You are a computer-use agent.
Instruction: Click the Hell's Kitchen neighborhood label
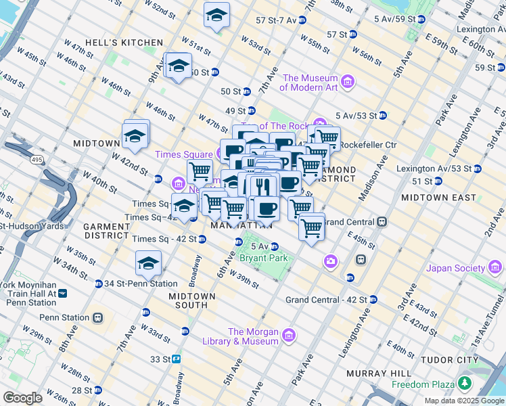click(x=124, y=43)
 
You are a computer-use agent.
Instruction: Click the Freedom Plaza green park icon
click(x=464, y=384)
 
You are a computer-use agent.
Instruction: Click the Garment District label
click(x=106, y=231)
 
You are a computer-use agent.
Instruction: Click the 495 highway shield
click(x=36, y=158)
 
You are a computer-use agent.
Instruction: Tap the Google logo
click(x=22, y=398)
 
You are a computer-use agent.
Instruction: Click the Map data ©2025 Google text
click(x=464, y=401)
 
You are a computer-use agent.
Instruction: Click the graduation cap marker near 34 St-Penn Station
click(x=149, y=265)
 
